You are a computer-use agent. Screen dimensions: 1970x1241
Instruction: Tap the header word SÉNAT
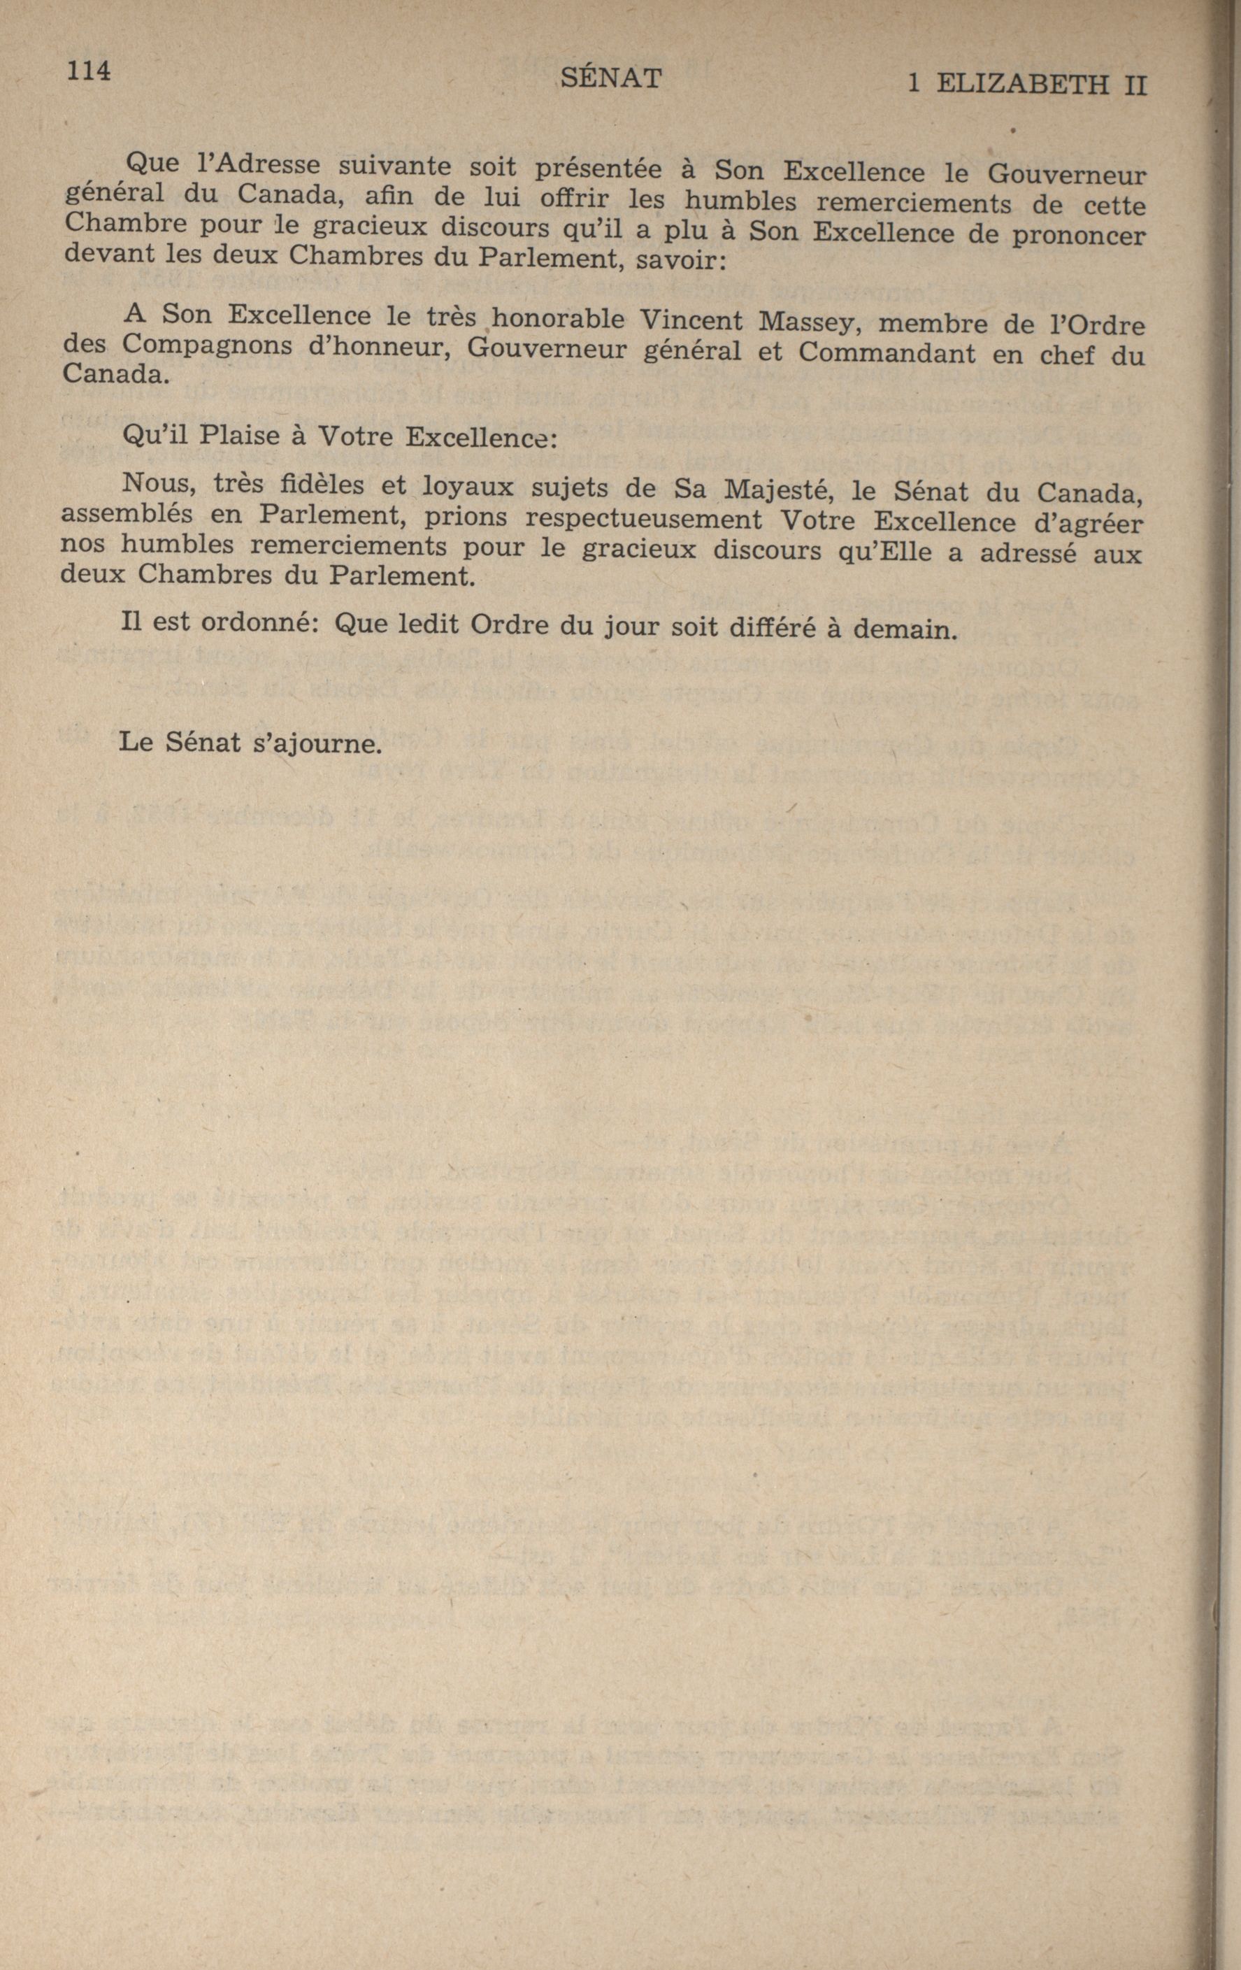pos(611,78)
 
